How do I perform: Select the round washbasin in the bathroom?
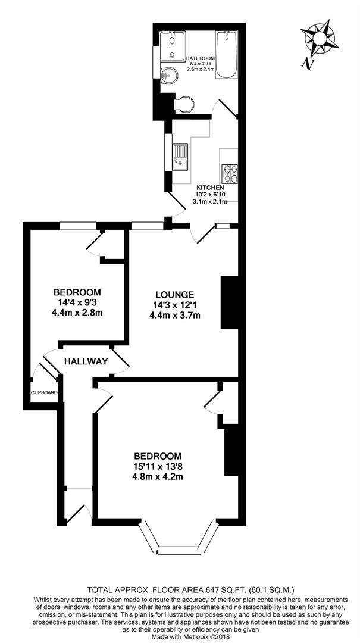click(x=169, y=74)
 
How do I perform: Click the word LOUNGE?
click(x=175, y=294)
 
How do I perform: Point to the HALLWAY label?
click(x=86, y=361)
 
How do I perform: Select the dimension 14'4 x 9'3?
click(x=77, y=302)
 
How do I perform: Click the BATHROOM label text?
click(x=201, y=58)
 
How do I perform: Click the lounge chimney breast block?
click(x=230, y=304)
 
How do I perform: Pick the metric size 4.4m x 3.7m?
click(x=175, y=315)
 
